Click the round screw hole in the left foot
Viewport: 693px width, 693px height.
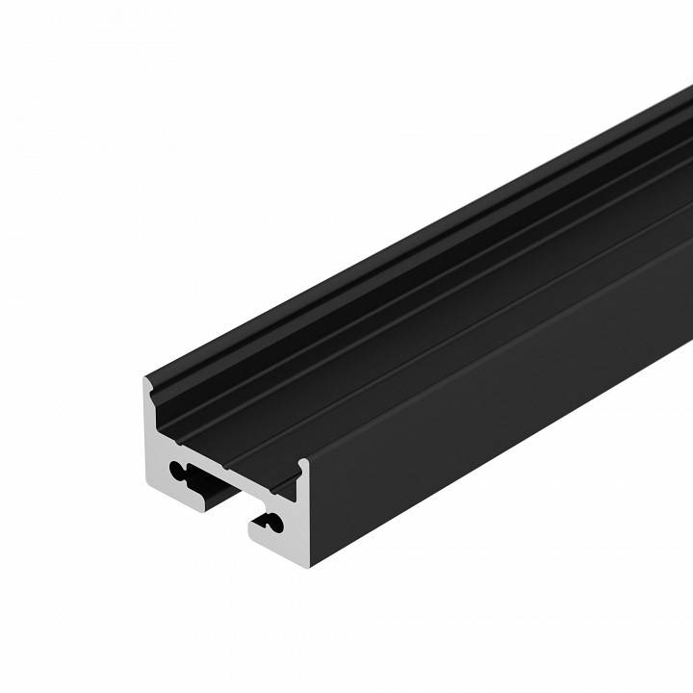click(180, 471)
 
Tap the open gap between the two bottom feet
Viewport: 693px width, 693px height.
click(231, 505)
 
